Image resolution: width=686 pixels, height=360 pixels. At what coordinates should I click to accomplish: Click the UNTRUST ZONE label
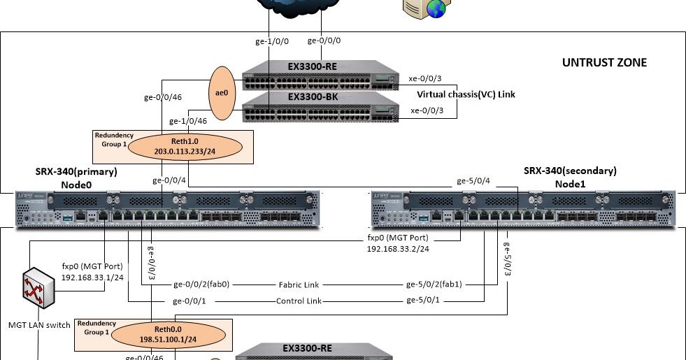[x=604, y=63]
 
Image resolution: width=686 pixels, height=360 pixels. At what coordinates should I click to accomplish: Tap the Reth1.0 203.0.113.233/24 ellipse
[x=185, y=145]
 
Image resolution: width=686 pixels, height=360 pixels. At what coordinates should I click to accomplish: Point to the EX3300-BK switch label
[x=313, y=96]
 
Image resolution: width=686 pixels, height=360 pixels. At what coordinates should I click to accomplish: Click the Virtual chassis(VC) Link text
[x=466, y=94]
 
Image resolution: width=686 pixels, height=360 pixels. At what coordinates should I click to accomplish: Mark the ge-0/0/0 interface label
[x=325, y=41]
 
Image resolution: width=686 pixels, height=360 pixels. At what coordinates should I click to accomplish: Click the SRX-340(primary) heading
[x=76, y=171]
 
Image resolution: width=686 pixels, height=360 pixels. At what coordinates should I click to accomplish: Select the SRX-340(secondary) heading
[x=570, y=171]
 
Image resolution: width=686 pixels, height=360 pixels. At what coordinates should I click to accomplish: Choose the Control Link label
[x=299, y=301]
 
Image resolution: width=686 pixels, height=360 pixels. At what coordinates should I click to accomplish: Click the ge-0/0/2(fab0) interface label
[x=201, y=285]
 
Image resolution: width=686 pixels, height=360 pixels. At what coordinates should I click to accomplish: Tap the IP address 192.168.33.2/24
[x=397, y=248]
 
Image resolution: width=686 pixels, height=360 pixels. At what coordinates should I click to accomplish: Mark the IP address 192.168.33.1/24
[x=92, y=277]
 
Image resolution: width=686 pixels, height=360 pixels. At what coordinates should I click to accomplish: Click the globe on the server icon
[x=436, y=9]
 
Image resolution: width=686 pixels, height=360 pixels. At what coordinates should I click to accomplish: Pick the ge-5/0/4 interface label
[x=473, y=181]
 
